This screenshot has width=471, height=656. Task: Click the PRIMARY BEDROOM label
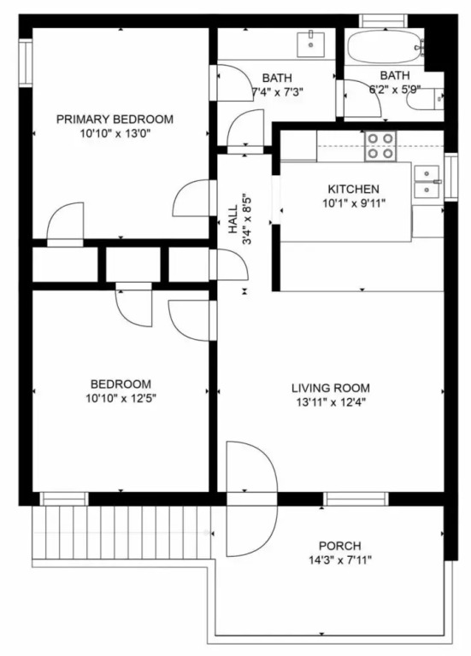click(x=115, y=120)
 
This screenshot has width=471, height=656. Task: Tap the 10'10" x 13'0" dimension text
click(x=115, y=134)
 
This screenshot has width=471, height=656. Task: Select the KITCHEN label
click(x=353, y=189)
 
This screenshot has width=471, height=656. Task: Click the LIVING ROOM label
click(x=331, y=389)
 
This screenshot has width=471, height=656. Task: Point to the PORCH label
click(x=340, y=546)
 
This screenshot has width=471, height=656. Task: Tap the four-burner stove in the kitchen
click(x=380, y=146)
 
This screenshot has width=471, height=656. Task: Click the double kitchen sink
click(x=427, y=181)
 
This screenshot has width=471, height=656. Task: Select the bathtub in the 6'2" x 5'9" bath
click(x=386, y=46)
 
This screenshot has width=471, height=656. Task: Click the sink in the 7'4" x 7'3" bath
click(x=310, y=44)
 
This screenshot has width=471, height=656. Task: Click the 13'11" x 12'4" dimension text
click(x=331, y=403)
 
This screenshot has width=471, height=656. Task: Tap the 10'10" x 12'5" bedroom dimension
click(x=121, y=399)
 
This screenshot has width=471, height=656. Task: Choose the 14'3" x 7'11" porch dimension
click(x=340, y=560)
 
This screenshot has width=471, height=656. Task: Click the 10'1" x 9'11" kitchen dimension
click(x=353, y=204)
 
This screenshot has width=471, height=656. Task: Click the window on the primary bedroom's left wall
click(x=26, y=62)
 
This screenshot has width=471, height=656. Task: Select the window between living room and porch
click(x=356, y=499)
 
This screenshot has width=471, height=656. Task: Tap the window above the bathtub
click(x=384, y=20)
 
